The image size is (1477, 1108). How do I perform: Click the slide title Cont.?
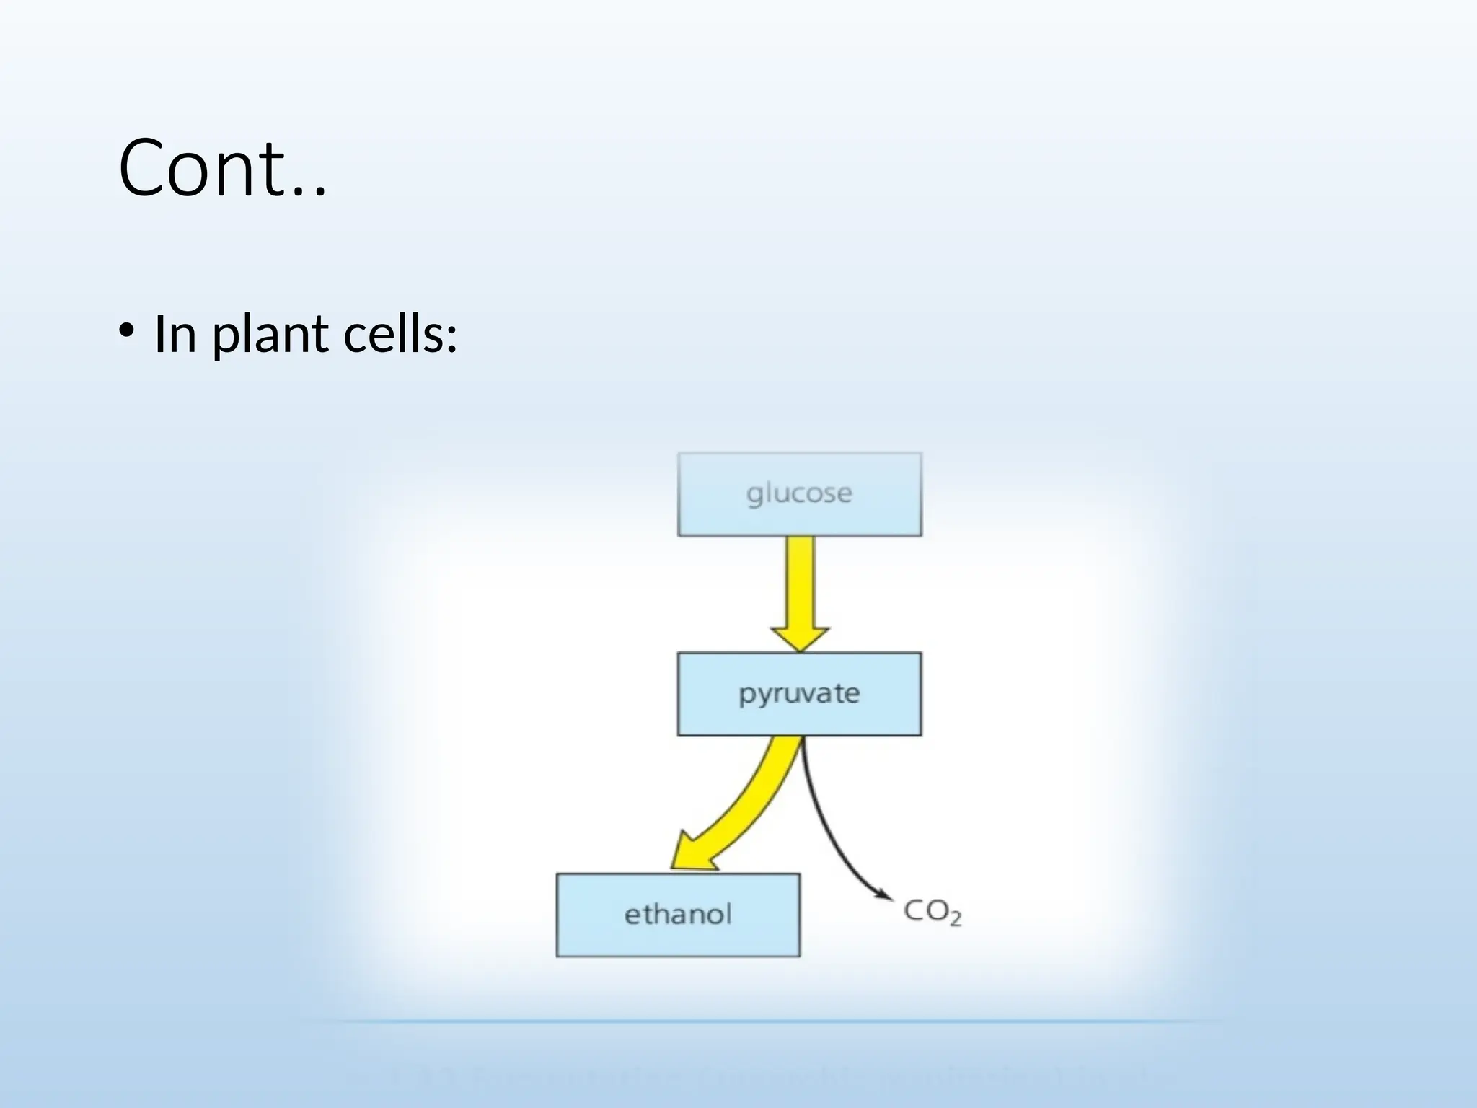click(x=222, y=169)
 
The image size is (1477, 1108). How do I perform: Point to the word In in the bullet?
click(x=175, y=334)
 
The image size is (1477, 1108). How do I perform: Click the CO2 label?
click(x=932, y=912)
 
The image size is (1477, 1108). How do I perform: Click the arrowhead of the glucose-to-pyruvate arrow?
click(x=800, y=638)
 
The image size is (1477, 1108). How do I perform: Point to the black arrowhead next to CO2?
click(x=884, y=894)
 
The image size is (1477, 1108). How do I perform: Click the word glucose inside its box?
click(x=799, y=494)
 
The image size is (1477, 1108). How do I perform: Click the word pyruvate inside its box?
click(x=799, y=694)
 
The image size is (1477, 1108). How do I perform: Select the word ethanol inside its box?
click(x=678, y=915)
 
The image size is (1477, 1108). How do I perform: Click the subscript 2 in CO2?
click(x=954, y=920)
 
